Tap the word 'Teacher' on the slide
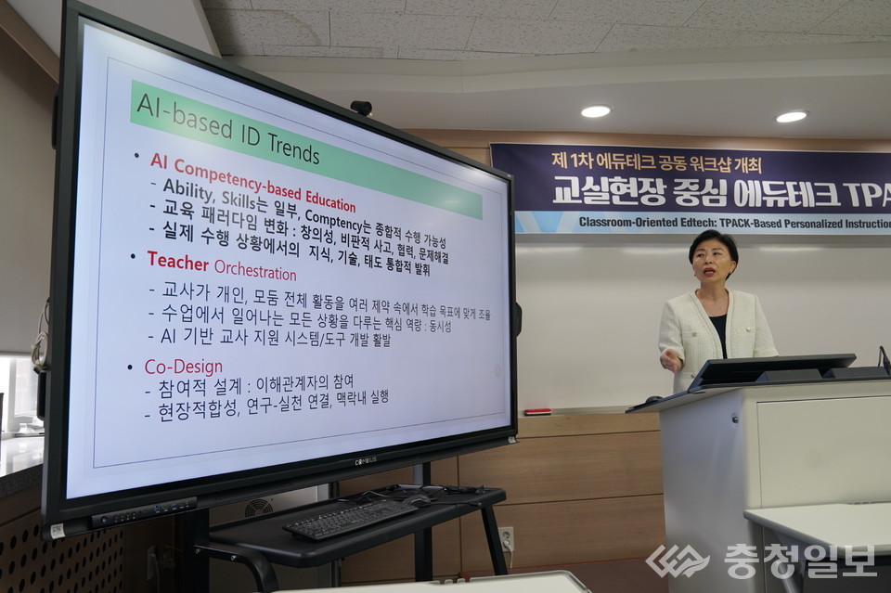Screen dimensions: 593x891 click(177, 261)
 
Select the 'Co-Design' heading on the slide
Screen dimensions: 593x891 click(183, 367)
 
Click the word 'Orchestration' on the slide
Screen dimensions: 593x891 click(255, 271)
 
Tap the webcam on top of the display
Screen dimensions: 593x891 click(361, 108)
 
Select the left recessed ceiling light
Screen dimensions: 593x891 click(595, 111)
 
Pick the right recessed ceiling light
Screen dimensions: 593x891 click(791, 117)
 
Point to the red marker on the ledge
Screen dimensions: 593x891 click(537, 411)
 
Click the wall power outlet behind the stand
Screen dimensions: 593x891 click(506, 538)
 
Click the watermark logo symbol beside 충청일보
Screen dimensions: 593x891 click(678, 561)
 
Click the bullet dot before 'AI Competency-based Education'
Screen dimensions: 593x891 click(136, 157)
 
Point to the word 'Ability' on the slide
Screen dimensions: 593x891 click(187, 187)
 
